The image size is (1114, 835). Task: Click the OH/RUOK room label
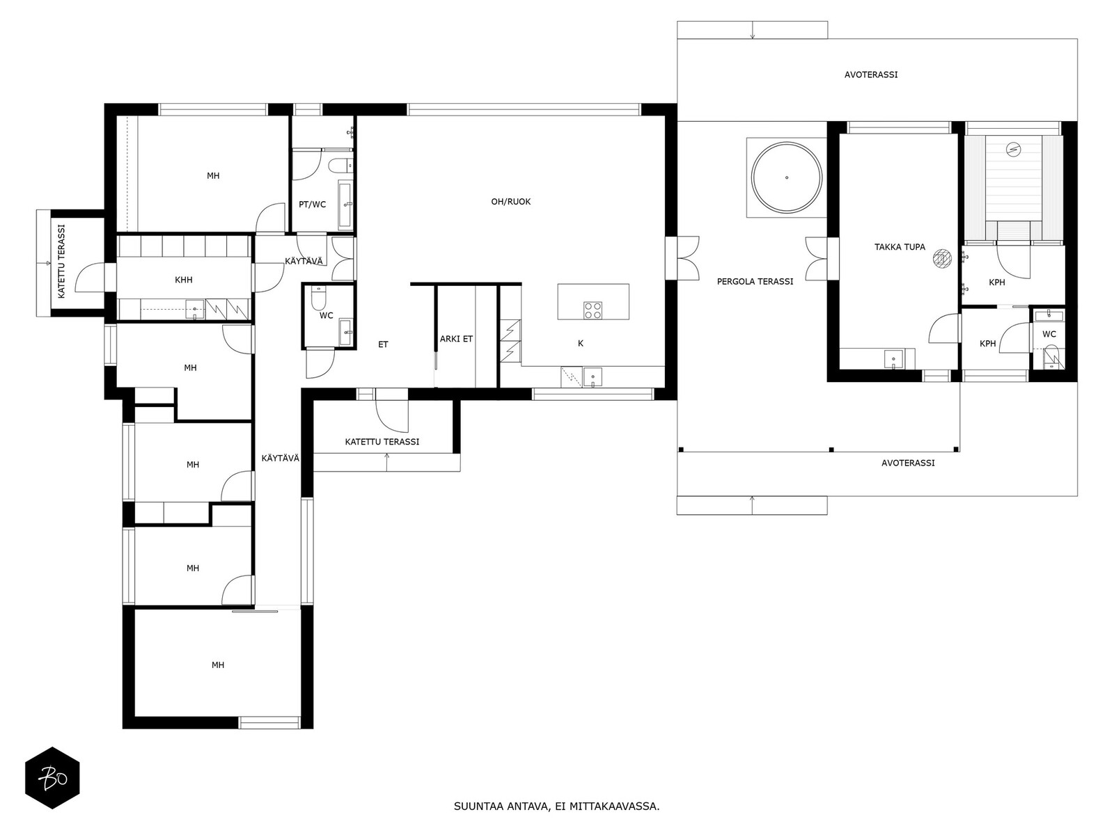point(510,202)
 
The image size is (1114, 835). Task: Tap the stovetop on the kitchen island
point(593,310)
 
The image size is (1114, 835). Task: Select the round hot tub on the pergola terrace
point(786,177)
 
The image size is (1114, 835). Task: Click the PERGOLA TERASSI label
point(755,281)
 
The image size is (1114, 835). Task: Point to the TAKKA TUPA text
point(900,247)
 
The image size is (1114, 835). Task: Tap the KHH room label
point(183,280)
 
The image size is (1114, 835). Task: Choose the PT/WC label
point(312,205)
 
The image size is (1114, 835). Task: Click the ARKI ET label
point(456,339)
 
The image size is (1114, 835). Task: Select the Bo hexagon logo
point(53,778)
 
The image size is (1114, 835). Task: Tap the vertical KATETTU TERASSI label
point(61,261)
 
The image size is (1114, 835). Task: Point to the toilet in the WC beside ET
point(318,298)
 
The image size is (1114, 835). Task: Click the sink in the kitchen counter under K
point(593,377)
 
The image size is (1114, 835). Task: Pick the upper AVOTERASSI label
point(871,75)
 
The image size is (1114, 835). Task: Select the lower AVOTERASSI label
point(908,463)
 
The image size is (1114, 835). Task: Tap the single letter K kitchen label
point(581,344)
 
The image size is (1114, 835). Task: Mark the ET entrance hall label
point(383,344)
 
